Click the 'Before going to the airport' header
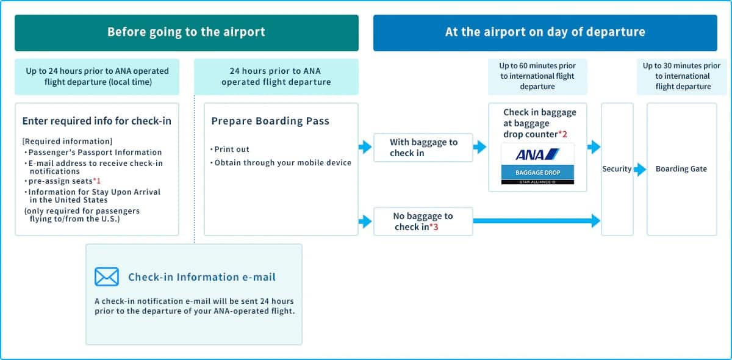(x=186, y=32)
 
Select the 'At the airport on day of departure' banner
(x=545, y=32)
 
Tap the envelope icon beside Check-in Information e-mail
(x=107, y=277)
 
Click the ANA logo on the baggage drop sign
(x=537, y=154)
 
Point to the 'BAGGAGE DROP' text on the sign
(x=537, y=173)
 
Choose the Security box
(x=617, y=169)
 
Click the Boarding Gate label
(x=681, y=169)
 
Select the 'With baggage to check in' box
(x=423, y=148)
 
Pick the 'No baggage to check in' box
(x=423, y=221)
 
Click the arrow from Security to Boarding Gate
(x=640, y=169)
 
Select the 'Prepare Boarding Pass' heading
(x=270, y=121)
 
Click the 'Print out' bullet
(x=232, y=149)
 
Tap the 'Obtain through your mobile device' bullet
(x=282, y=162)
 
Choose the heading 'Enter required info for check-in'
(x=96, y=121)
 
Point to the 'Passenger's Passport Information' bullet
(x=95, y=153)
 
